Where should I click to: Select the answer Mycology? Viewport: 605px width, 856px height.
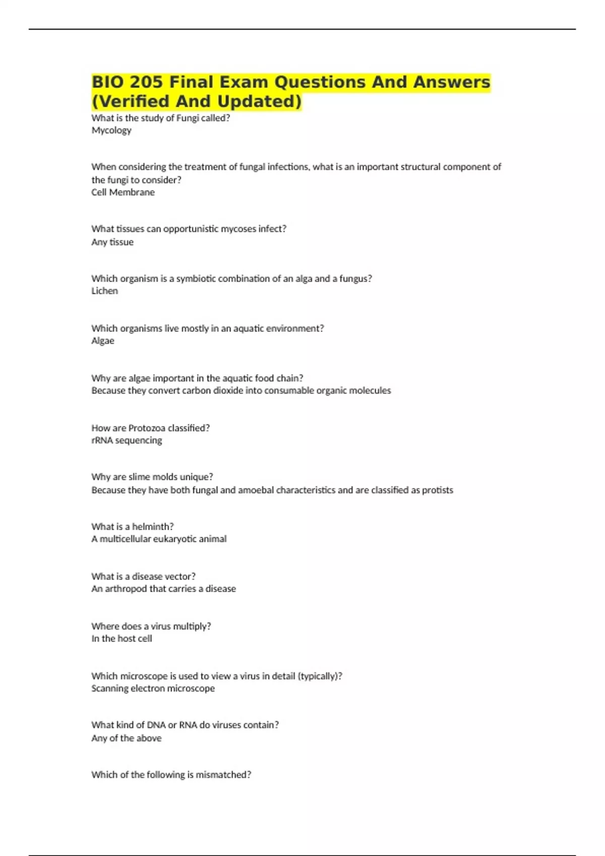[x=111, y=130]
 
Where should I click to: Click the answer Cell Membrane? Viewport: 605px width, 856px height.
[x=123, y=192]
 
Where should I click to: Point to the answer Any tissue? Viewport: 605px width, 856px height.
[x=112, y=242]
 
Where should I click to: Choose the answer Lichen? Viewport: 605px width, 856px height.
[x=104, y=291]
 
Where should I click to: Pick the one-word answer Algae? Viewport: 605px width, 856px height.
[x=103, y=341]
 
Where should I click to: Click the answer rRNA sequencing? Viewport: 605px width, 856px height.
[x=127, y=441]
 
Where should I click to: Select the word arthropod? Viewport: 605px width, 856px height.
[x=126, y=589]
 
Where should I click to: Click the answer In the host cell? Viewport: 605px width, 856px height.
[x=122, y=638]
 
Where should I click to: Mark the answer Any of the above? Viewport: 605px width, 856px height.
[x=127, y=738]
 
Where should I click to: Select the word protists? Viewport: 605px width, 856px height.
[x=437, y=490]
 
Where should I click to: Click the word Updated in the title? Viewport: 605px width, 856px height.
[x=259, y=101]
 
